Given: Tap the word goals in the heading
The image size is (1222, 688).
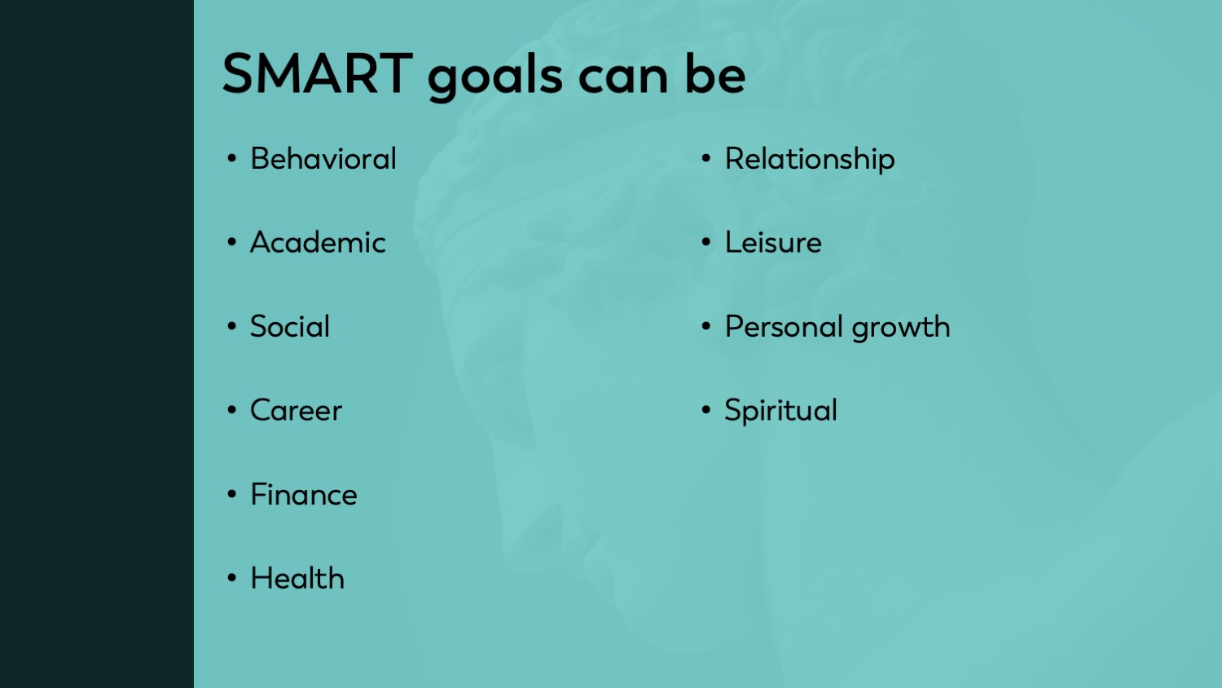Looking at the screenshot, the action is (495, 77).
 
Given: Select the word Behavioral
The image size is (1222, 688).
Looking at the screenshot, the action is (323, 159).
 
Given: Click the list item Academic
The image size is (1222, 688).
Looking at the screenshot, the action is (318, 242).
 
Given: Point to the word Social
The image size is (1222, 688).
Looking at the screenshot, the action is (290, 327).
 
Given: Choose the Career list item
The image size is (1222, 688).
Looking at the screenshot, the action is (296, 411).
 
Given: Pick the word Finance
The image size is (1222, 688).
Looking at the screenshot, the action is (303, 495).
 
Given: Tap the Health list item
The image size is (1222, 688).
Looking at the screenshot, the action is (297, 578).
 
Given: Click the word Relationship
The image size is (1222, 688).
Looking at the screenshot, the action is (810, 160).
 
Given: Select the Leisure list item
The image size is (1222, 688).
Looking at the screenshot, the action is (773, 242).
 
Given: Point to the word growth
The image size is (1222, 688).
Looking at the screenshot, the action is (901, 328).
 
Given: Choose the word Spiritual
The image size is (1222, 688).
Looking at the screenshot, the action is (780, 411).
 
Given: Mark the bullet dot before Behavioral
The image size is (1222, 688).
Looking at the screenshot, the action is (232, 159).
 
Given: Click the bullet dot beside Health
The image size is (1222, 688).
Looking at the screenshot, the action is (232, 578).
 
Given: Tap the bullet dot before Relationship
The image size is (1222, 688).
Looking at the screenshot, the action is (706, 159).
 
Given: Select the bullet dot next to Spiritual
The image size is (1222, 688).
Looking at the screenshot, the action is (706, 410).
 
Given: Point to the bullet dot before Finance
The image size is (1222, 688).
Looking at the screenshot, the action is (232, 494).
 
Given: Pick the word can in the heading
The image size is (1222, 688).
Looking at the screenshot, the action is (623, 78).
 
